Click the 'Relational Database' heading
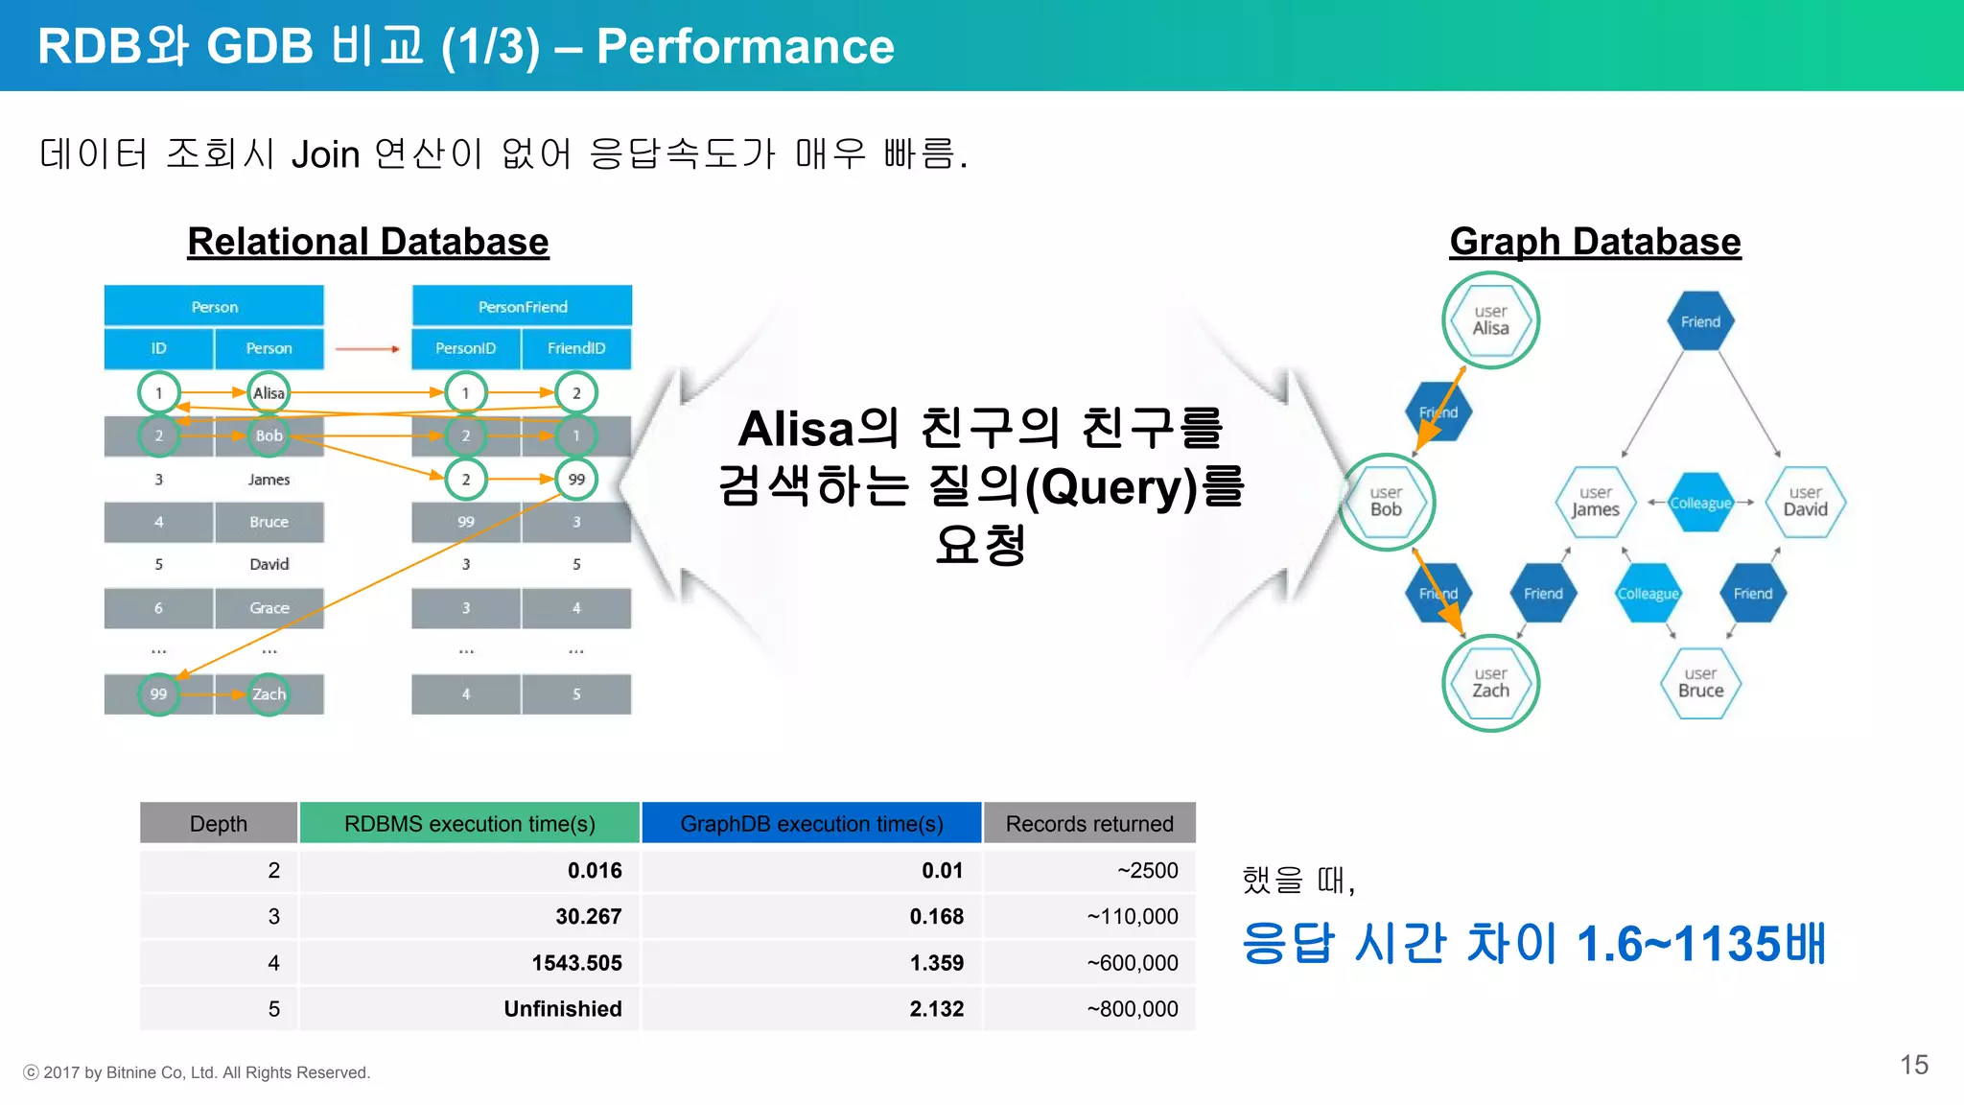pyautogui.click(x=367, y=242)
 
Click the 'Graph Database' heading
pyautogui.click(x=1594, y=242)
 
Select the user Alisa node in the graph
pyautogui.click(x=1490, y=320)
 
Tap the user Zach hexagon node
pyautogui.click(x=1490, y=683)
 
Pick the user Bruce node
pyautogui.click(x=1700, y=683)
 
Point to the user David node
pyautogui.click(x=1805, y=502)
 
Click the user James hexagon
pyautogui.click(x=1595, y=502)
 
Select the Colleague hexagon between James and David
pyautogui.click(x=1700, y=503)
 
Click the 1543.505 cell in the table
pyautogui.click(x=576, y=963)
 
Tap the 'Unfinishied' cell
pyautogui.click(x=563, y=1009)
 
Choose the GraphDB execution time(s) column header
pyautogui.click(x=811, y=824)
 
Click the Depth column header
pyautogui.click(x=219, y=824)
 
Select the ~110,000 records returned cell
pyautogui.click(x=1132, y=917)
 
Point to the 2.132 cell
pyautogui.click(x=936, y=1009)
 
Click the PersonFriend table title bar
pyautogui.click(x=523, y=307)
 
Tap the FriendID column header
pyautogui.click(x=576, y=348)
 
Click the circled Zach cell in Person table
pyautogui.click(x=269, y=694)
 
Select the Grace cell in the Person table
pyautogui.click(x=269, y=608)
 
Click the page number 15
pyautogui.click(x=1913, y=1065)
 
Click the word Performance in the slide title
pyautogui.click(x=745, y=46)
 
